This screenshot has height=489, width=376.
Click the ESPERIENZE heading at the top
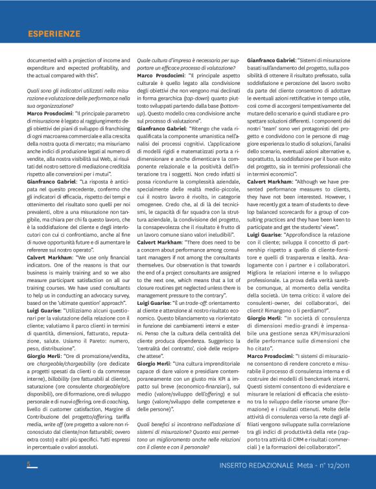tap(54, 32)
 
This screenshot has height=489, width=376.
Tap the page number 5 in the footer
tap(29, 464)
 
